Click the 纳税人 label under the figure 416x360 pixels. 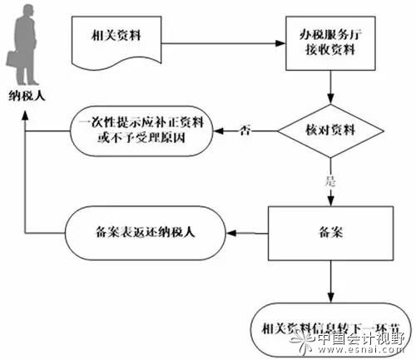26,95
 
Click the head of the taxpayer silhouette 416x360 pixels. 26,11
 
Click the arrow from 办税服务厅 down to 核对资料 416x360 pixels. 330,87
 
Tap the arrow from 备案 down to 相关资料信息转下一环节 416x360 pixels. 330,283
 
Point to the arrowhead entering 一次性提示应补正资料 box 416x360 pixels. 221,131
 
